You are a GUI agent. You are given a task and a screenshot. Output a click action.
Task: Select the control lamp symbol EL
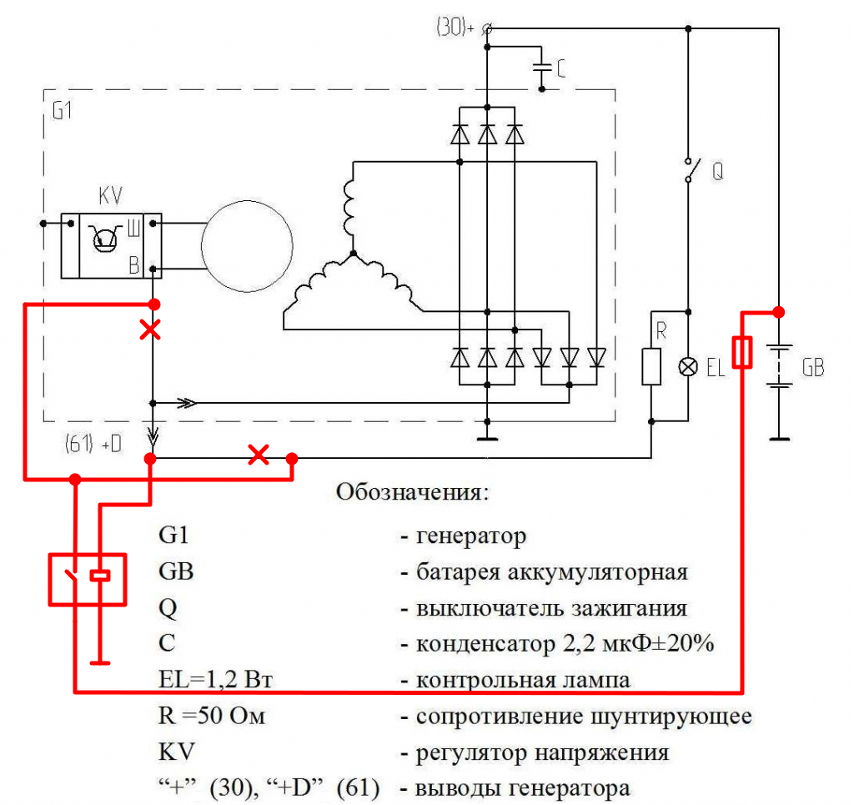pos(688,367)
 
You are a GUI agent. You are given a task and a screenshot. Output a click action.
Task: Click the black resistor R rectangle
pos(651,367)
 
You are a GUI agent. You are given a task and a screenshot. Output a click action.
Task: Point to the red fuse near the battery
pos(743,352)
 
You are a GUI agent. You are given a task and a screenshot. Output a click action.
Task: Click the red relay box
pos(88,579)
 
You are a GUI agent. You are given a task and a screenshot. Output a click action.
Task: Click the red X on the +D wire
pos(259,455)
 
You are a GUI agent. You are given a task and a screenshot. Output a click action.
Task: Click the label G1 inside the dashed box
pos(62,112)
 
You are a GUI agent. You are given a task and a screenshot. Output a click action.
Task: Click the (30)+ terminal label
pos(455,28)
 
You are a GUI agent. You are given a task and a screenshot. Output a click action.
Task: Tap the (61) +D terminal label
pos(93,443)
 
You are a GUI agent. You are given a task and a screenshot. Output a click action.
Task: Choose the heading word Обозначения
pos(411,492)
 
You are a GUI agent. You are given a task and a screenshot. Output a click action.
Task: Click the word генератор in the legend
pos(470,536)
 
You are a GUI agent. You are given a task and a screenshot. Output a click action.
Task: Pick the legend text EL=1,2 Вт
pos(216,680)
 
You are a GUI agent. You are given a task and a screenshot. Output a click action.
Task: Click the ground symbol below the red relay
pos(100,663)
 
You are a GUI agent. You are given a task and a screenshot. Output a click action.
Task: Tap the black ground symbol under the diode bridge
pos(487,437)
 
